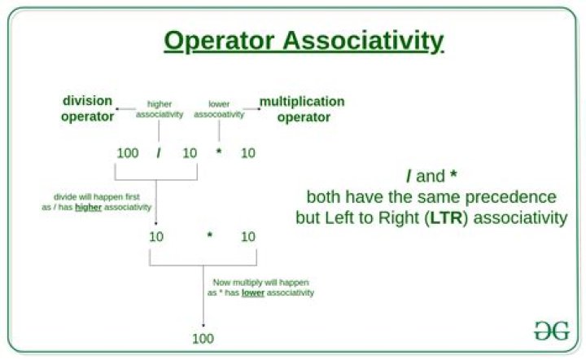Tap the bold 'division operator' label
[88, 109]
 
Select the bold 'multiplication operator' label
[303, 109]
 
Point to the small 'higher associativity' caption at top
[160, 109]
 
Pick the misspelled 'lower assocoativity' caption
[218, 109]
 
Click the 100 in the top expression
[128, 152]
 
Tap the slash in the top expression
[160, 152]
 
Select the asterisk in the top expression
[218, 153]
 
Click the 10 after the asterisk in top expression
[248, 152]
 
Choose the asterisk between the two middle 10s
[209, 237]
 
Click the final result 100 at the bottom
[203, 337]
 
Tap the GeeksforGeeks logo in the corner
[551, 331]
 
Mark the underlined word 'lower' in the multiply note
[253, 292]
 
